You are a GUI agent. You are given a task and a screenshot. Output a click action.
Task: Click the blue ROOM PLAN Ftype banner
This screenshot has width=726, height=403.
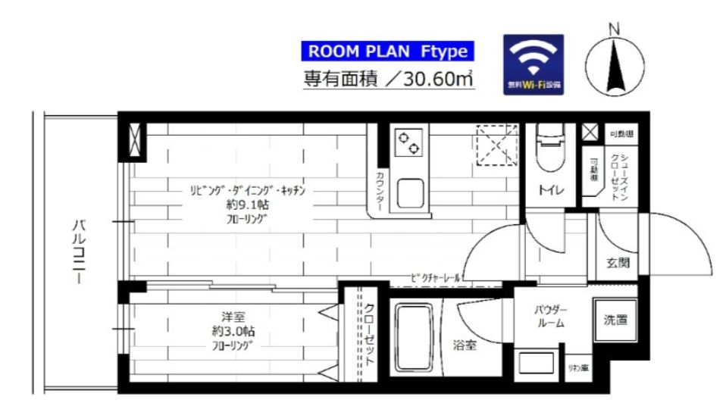pos(388,52)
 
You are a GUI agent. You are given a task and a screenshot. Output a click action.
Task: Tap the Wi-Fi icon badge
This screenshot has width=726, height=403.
pos(534,64)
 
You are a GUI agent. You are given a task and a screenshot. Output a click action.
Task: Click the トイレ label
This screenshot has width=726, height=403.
pos(549,190)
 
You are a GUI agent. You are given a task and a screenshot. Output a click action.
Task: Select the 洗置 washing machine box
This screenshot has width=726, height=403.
pos(615,320)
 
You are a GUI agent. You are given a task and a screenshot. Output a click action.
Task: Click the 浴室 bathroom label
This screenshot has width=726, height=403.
pos(465,345)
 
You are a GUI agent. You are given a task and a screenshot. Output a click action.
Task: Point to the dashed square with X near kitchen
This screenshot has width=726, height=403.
pos(496,144)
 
